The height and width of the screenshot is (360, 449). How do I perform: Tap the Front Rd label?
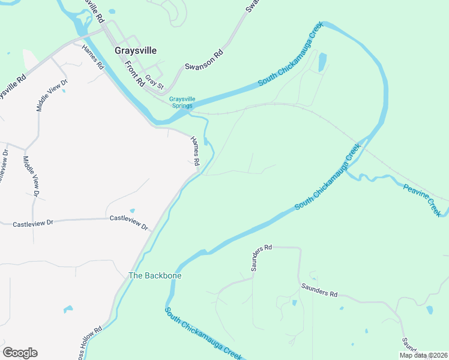point(135,73)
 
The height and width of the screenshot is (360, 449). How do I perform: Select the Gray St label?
point(154,83)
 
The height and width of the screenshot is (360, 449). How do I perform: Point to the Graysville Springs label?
point(181,103)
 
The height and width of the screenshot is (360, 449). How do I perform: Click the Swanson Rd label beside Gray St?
point(203,59)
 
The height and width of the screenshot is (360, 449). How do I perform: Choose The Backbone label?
point(155,276)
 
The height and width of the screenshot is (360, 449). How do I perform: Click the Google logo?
point(20,353)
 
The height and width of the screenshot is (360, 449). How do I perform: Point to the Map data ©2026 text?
point(423,355)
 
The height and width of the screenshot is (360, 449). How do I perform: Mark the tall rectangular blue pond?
point(323,61)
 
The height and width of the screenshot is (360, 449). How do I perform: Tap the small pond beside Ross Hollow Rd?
point(68,309)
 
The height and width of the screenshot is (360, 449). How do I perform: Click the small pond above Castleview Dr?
point(132,210)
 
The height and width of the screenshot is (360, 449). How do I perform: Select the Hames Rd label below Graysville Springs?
point(195,151)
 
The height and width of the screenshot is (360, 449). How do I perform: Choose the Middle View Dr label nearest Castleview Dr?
point(30,176)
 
